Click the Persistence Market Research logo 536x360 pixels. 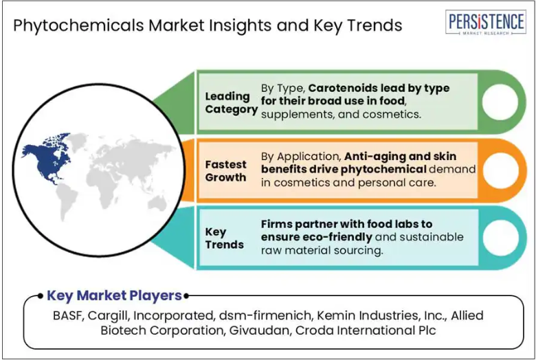pyautogui.click(x=485, y=22)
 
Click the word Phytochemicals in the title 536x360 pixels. pyautogui.click(x=78, y=25)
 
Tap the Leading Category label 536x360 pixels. pyautogui.click(x=231, y=102)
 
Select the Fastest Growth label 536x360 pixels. pyautogui.click(x=225, y=171)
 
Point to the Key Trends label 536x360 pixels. pyautogui.click(x=224, y=238)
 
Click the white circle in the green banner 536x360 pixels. pyautogui.click(x=500, y=102)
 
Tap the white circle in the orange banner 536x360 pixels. pyautogui.click(x=500, y=170)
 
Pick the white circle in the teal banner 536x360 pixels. pyautogui.click(x=500, y=238)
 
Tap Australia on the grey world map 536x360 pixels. pyautogui.click(x=157, y=203)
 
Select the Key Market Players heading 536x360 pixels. pyautogui.click(x=114, y=295)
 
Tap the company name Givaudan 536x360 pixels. pyautogui.click(x=260, y=330)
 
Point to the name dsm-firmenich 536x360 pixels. pyautogui.click(x=265, y=315)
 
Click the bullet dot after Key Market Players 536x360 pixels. pyautogui.click(x=186, y=296)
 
